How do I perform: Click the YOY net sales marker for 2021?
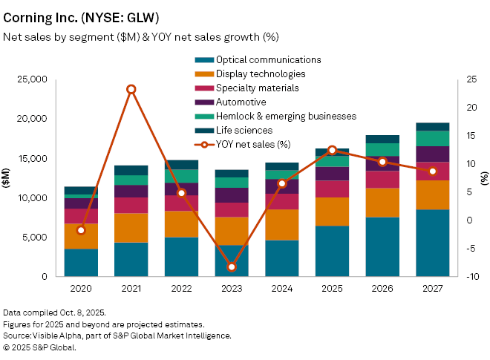pos(131,89)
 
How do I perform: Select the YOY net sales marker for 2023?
pos(232,266)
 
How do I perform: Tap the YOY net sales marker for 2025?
pos(332,150)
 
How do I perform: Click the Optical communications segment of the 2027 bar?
pos(432,243)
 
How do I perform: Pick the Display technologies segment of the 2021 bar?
pos(131,228)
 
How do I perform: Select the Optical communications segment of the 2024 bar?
pos(281,258)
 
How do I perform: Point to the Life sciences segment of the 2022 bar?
pos(181,164)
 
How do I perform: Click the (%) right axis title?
pos(484,178)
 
